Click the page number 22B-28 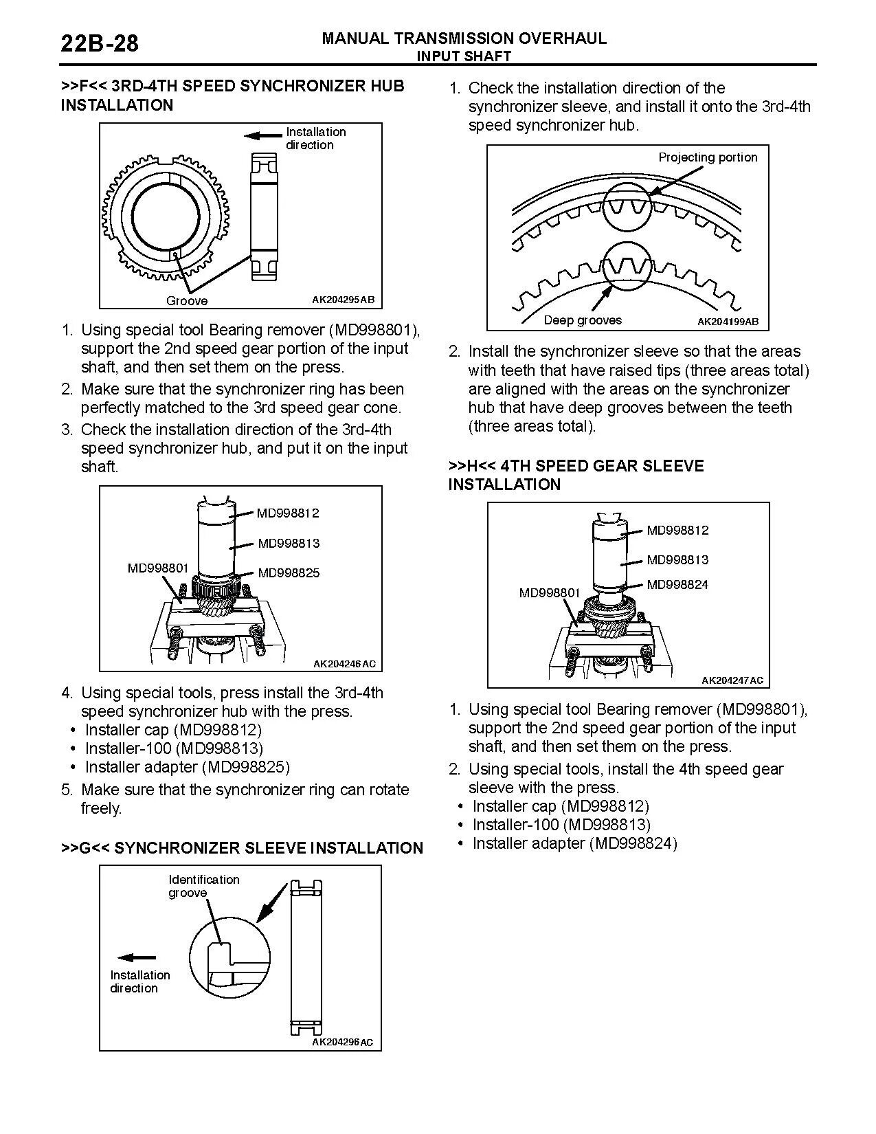100,44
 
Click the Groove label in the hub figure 187,301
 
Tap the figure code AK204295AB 343,300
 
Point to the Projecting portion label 708,157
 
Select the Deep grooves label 582,320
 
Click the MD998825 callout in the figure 289,573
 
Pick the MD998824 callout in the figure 677,585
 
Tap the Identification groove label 204,886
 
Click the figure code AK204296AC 342,1043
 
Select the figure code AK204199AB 728,322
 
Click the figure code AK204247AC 732,680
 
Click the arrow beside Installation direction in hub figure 263,135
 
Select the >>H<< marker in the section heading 472,466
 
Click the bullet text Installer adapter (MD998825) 187,767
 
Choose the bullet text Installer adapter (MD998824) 574,843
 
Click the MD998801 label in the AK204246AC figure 157,568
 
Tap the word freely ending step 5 101,808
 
